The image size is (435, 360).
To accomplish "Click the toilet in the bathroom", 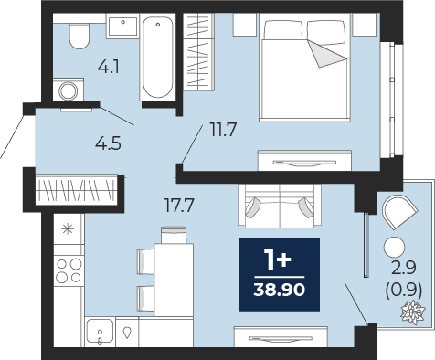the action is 80,36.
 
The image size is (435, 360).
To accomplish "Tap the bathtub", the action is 157,57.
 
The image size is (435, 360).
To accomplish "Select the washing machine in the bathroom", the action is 69,90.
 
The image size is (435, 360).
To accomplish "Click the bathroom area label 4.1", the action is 109,67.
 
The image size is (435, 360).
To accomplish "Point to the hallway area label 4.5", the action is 108,143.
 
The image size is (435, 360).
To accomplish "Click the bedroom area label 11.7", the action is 223,130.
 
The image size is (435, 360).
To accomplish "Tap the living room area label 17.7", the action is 179,206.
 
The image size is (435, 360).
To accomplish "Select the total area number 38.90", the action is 279,290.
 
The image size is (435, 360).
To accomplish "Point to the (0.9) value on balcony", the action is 404,290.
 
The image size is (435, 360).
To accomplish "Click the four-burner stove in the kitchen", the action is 69,270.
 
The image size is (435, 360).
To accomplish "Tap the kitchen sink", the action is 100,332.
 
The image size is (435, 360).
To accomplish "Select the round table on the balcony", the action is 395,247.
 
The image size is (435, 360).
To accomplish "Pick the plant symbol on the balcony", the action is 413,312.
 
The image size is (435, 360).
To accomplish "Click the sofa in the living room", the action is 280,206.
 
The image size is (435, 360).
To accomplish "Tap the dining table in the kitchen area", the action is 174,280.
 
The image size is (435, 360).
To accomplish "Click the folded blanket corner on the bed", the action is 327,54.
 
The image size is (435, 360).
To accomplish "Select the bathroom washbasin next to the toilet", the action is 122,26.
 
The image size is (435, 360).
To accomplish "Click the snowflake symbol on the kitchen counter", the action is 68,229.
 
